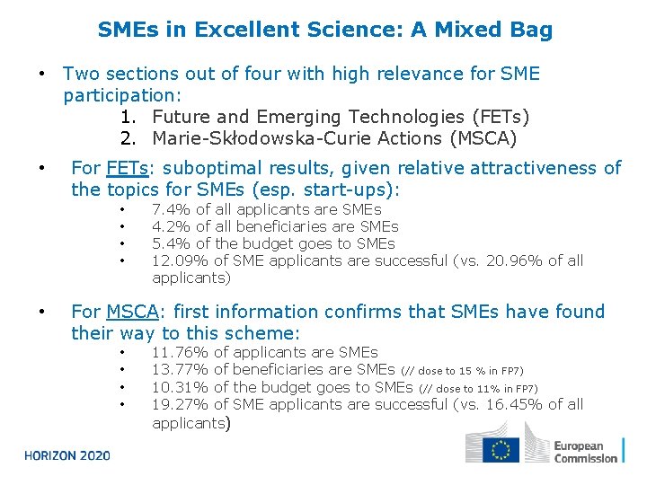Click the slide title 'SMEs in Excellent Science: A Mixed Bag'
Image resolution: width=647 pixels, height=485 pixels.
tap(325, 31)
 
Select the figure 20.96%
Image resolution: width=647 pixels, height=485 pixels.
tap(513, 260)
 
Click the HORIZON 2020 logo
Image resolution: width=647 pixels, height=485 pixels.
tap(67, 455)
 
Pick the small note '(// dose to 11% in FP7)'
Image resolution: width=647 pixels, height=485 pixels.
tap(478, 388)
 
